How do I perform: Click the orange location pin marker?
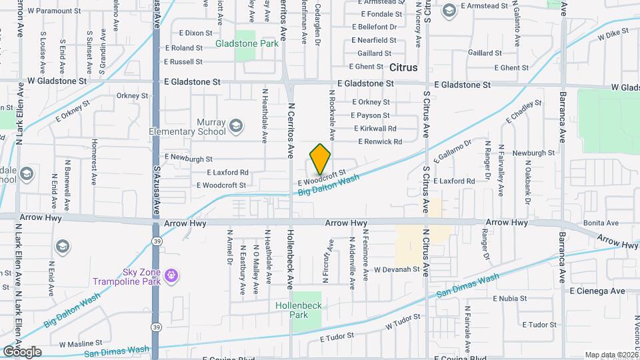click(x=320, y=159)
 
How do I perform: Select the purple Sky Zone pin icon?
click(x=171, y=275)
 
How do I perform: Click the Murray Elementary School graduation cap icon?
click(x=235, y=125)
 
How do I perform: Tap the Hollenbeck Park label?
click(x=298, y=310)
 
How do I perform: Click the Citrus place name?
click(x=403, y=68)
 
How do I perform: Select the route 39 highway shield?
click(x=155, y=243)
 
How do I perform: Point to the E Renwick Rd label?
click(x=380, y=141)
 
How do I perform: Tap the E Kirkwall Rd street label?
click(x=375, y=128)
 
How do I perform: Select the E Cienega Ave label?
click(x=597, y=291)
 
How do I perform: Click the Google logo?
click(x=22, y=351)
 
